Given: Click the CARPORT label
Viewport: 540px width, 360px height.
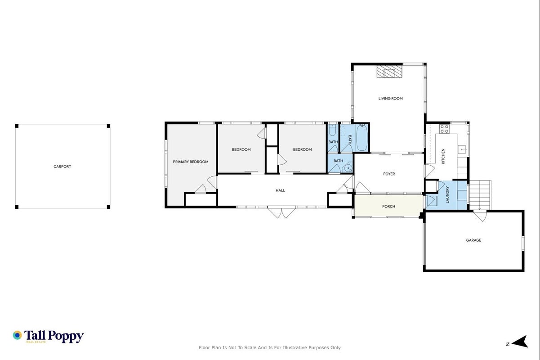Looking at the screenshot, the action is pos(62,166).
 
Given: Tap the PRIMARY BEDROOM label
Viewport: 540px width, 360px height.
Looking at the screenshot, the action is pos(191,162).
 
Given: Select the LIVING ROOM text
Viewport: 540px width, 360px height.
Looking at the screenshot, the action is pos(391,99).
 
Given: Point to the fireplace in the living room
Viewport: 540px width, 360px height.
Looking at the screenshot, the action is pos(389,72).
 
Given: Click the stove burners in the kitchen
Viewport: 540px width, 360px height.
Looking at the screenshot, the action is pos(444,129).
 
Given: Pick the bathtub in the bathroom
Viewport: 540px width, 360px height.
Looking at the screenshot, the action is pos(362,138).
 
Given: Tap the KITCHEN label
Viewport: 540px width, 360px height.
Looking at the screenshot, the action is pos(443,156).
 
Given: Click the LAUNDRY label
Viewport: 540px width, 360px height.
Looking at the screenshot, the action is pos(447,194).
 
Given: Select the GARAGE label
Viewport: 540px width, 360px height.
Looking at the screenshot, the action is pos(474,240).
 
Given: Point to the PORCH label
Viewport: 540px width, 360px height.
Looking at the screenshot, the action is pos(388,206).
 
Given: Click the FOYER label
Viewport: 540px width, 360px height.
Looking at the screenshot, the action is pos(389,174).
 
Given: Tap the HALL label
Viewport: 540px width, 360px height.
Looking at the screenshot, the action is pos(281,190).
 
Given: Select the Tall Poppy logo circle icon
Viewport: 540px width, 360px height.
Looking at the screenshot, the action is pos(18,335).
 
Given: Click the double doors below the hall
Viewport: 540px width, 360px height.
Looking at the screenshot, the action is pos(281,212).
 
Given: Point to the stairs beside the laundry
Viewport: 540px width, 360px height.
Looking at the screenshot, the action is pos(480,195).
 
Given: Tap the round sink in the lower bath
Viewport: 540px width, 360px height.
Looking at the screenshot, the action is pos(348,168).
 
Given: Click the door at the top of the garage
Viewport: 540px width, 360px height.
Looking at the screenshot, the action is pos(480,216).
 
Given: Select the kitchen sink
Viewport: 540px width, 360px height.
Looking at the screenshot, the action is pos(462,149).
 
